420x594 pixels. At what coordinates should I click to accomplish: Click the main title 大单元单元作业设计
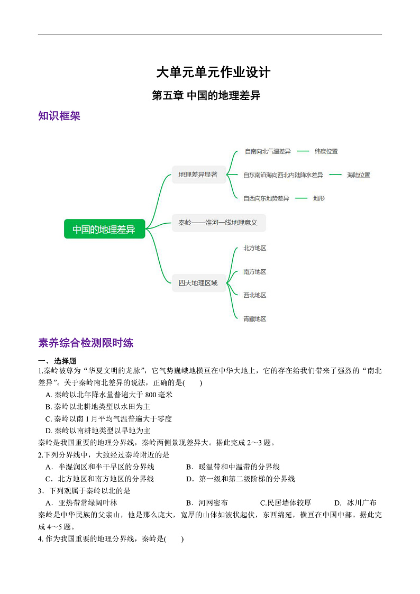tap(213, 72)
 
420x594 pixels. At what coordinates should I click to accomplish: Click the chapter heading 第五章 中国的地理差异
tap(206, 96)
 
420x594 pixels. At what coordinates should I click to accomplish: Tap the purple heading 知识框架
tap(59, 116)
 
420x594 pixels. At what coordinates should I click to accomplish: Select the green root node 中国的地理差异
tap(104, 229)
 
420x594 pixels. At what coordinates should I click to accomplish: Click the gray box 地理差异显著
tap(198, 175)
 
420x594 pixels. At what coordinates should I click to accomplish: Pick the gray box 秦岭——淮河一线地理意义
tap(218, 223)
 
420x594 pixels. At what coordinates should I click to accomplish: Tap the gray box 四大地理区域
tap(198, 283)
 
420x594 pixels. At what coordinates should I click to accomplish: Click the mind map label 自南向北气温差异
tap(267, 151)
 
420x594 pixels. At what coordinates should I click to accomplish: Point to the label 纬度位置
tap(326, 151)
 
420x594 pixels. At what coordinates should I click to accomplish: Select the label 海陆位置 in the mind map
tap(358, 175)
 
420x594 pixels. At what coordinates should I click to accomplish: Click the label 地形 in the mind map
tap(318, 198)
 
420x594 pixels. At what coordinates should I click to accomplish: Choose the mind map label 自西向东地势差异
tap(266, 198)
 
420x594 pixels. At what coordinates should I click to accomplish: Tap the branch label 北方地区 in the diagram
tap(254, 248)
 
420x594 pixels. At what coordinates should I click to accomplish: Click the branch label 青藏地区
tap(254, 319)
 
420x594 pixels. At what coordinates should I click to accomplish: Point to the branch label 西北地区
tap(254, 295)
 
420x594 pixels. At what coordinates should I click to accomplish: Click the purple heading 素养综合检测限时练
tap(86, 343)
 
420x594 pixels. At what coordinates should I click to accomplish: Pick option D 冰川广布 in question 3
tap(355, 502)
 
